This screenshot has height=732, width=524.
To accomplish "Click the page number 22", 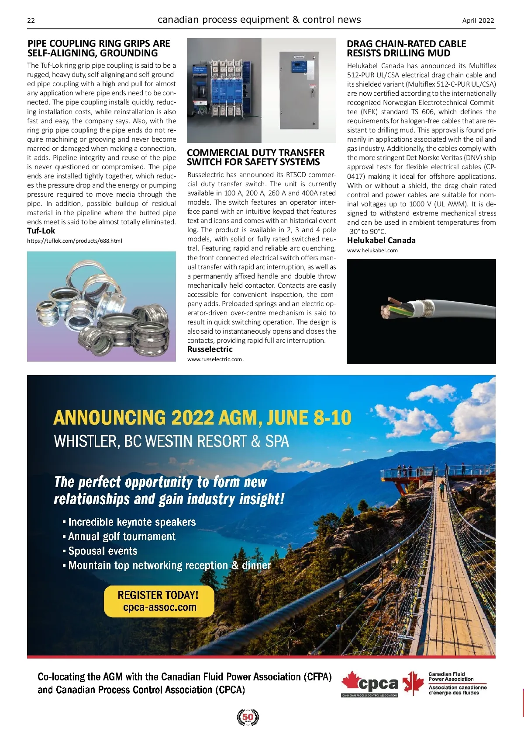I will click(x=31, y=21).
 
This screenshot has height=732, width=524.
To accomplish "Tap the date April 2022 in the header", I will click(x=478, y=21).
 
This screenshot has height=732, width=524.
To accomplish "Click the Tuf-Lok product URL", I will click(x=75, y=241).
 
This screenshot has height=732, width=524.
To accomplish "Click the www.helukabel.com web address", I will click(x=372, y=251).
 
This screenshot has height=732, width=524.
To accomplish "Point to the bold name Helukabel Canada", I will click(x=381, y=241).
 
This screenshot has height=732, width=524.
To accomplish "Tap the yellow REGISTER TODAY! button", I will click(x=159, y=601).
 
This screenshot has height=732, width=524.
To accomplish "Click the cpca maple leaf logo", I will click(x=369, y=683).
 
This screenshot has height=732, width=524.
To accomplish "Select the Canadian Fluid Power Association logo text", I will click(x=451, y=677).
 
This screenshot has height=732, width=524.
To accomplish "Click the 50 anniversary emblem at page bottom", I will click(x=248, y=718).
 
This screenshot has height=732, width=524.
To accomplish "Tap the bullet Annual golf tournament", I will click(x=121, y=537).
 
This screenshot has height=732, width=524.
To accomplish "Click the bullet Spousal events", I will click(x=103, y=551).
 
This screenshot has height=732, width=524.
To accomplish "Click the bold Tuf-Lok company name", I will click(x=41, y=231).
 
